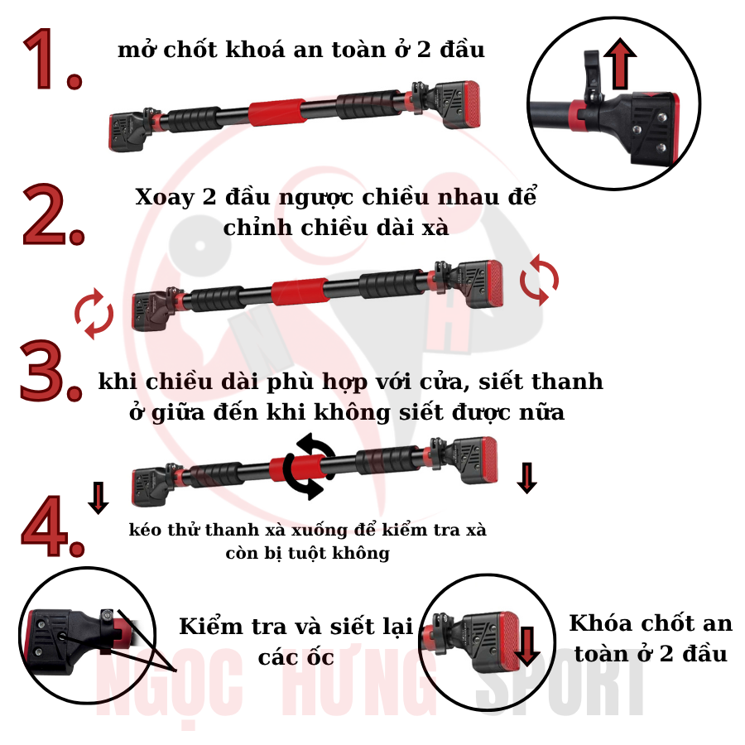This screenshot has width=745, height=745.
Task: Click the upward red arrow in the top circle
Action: pyautogui.click(x=619, y=66)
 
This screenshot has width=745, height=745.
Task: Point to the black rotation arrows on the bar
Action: pyautogui.click(x=309, y=466)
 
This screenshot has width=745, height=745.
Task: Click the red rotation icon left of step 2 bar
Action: pyautogui.click(x=94, y=314)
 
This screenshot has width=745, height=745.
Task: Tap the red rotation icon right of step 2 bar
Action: pyautogui.click(x=539, y=280)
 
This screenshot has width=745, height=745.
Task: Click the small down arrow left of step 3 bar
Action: pyautogui.click(x=99, y=497)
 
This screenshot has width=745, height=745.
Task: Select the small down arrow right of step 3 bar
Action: pyautogui.click(x=526, y=477)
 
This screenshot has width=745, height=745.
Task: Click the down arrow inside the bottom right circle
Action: pyautogui.click(x=527, y=646)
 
